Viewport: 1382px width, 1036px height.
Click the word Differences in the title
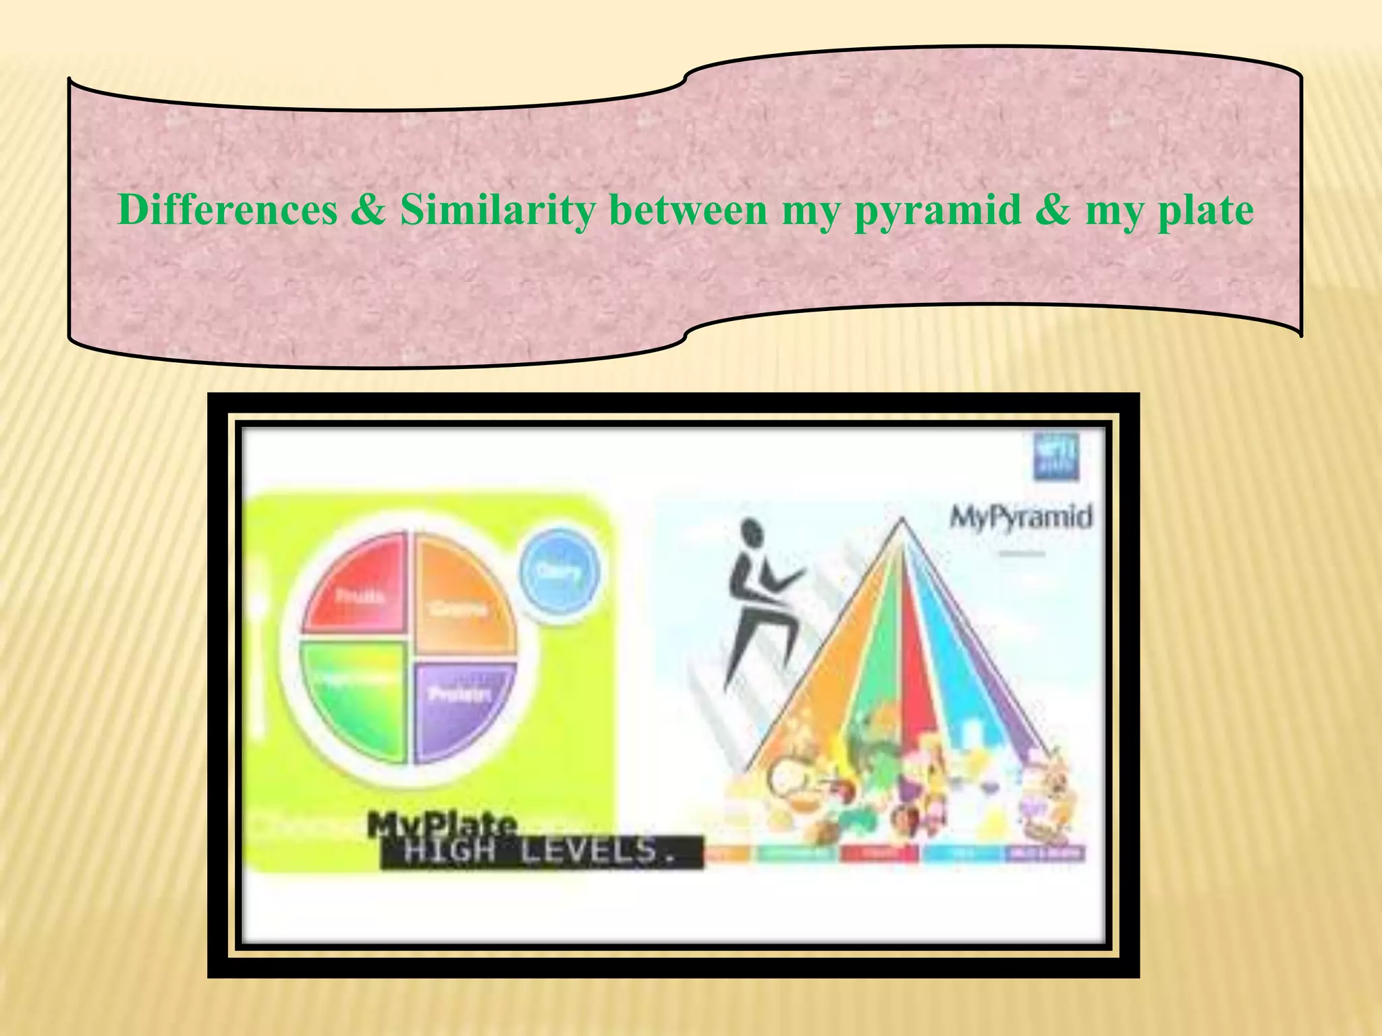[x=227, y=210]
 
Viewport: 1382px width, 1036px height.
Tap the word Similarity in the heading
[x=498, y=210]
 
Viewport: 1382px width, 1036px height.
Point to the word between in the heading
[x=688, y=210]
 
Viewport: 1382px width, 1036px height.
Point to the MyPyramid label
[x=1020, y=518]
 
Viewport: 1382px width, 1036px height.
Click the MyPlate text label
[x=442, y=824]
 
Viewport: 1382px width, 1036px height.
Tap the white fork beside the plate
[x=258, y=647]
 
